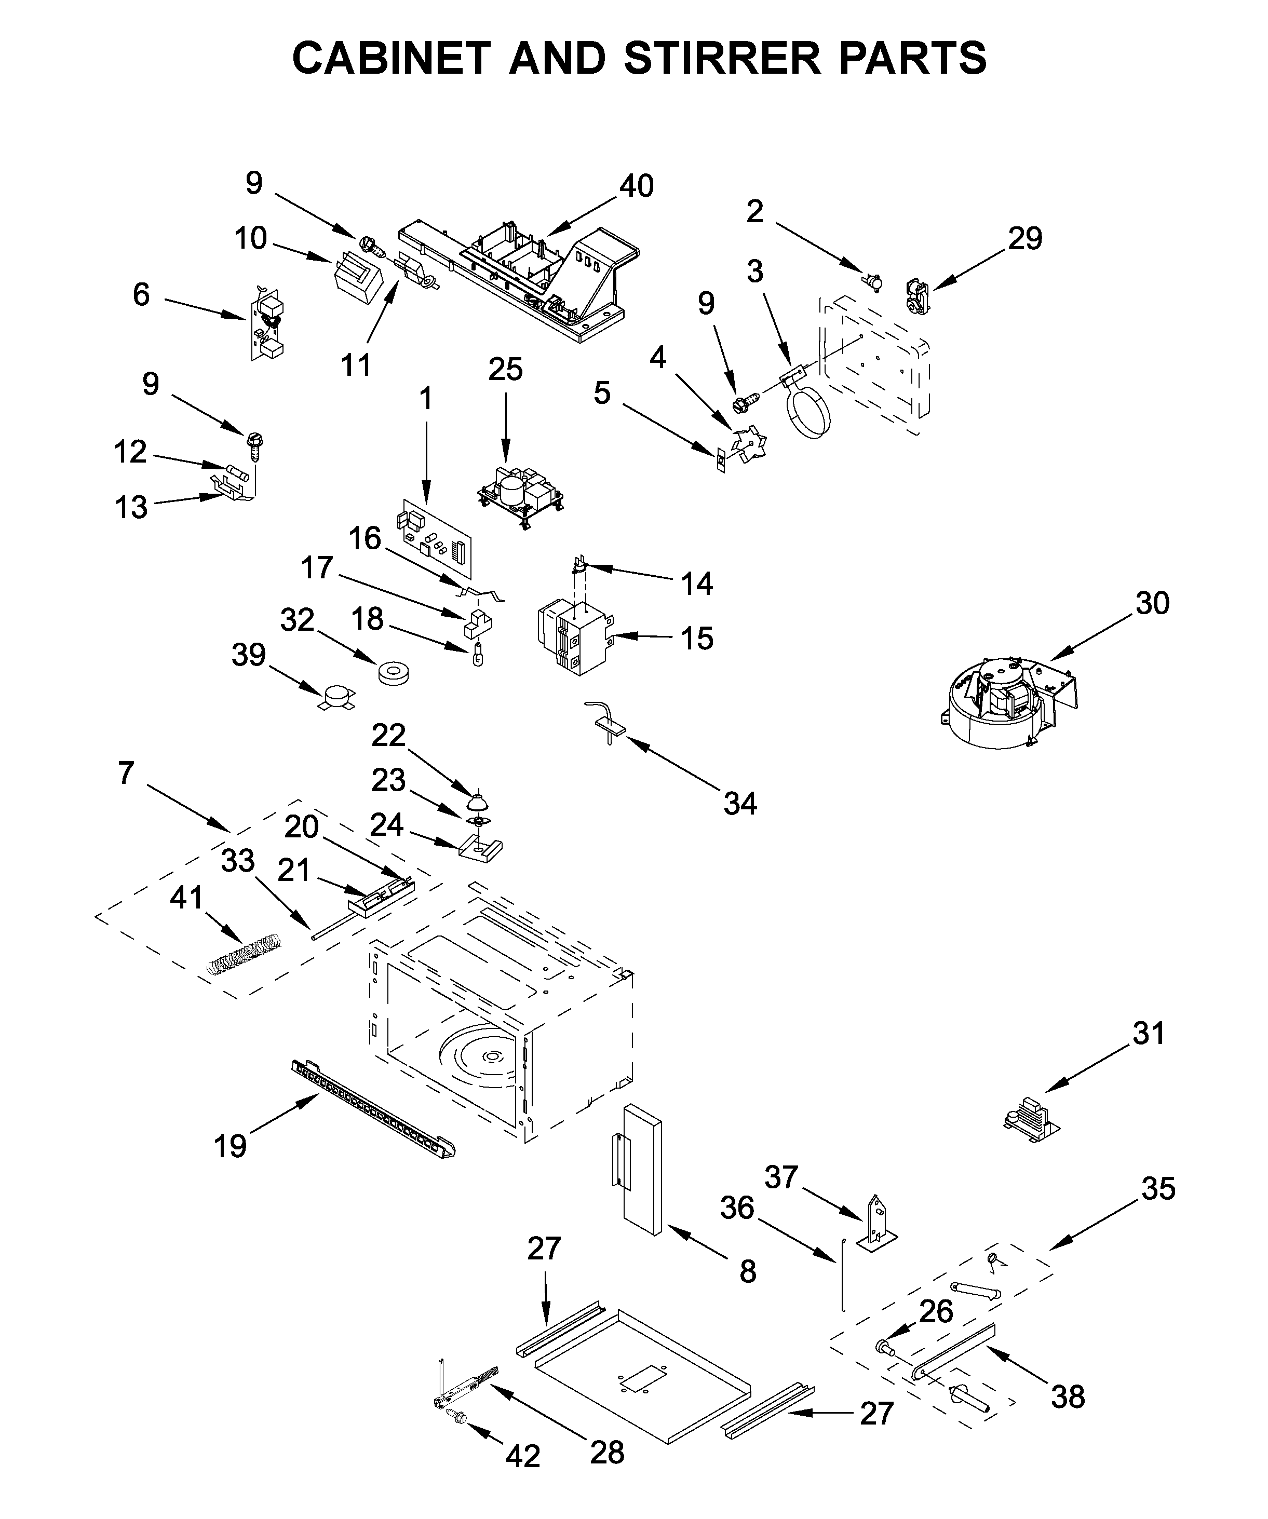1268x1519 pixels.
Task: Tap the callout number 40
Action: (x=637, y=186)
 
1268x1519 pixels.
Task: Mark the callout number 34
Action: (x=740, y=804)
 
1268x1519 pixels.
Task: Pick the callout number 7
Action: (x=126, y=773)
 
